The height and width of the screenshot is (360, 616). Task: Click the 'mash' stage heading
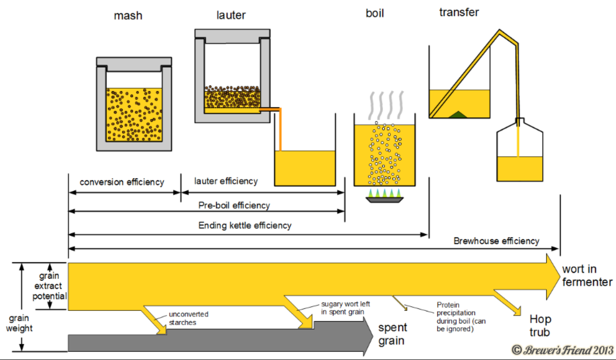(x=128, y=16)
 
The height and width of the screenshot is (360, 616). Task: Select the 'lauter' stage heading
(x=231, y=15)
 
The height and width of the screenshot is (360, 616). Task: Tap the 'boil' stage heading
(x=375, y=14)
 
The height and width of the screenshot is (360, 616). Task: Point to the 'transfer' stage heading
(x=459, y=12)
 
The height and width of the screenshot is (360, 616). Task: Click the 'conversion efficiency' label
(x=122, y=182)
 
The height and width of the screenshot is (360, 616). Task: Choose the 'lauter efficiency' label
(x=226, y=181)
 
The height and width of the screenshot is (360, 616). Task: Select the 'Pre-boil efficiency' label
(x=234, y=205)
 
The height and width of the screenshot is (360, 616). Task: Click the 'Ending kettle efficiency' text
(x=245, y=225)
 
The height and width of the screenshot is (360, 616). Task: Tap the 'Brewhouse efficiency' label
(x=497, y=241)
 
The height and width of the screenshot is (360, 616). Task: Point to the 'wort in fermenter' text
(x=587, y=276)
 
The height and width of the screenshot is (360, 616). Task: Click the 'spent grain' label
(x=393, y=334)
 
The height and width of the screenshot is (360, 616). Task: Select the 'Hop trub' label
(x=540, y=326)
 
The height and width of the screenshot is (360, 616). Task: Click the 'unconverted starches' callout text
(x=189, y=318)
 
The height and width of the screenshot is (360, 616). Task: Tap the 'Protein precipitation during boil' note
(x=456, y=316)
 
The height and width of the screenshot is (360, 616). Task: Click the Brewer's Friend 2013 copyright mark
(x=563, y=350)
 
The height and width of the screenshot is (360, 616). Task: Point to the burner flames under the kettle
(x=384, y=194)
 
